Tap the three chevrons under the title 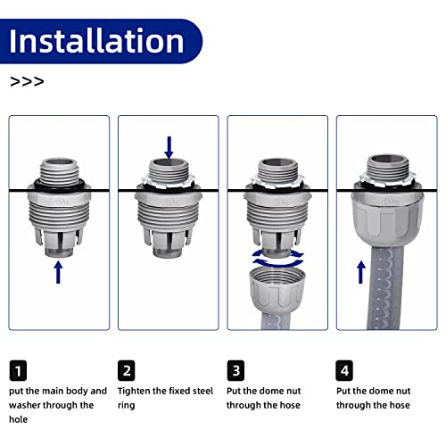[x=26, y=81]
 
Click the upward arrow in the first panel [x=59, y=271]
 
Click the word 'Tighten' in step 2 [x=136, y=391]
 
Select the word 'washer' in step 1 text [x=29, y=405]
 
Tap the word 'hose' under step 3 [x=287, y=405]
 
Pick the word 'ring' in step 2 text [x=127, y=405]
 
